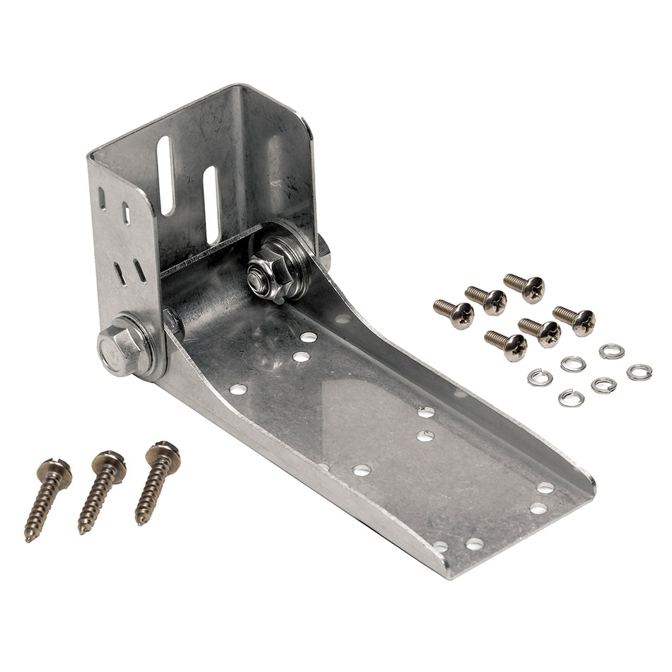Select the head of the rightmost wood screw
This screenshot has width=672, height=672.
165,453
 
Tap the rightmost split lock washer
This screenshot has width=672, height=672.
639,371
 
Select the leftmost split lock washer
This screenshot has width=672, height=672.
540,376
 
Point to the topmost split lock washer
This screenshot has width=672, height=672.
611,351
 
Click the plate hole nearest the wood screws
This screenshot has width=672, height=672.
238,389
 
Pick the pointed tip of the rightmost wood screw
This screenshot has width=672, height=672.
138,523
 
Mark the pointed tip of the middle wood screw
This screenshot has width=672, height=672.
81,532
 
